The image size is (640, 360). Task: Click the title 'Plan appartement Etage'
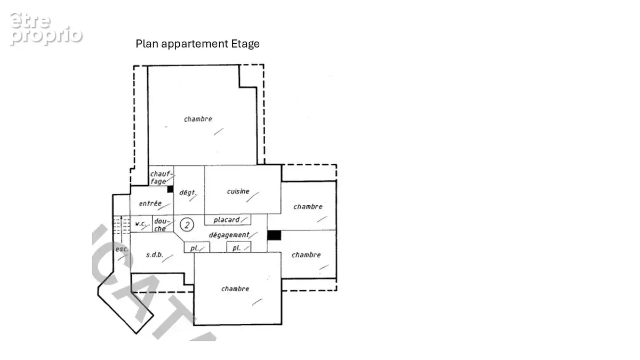coord(197,44)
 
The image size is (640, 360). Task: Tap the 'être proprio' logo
coord(46,29)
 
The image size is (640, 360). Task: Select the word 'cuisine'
coord(238,191)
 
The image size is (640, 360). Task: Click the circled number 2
coord(187,225)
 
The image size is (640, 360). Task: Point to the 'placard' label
coord(227,220)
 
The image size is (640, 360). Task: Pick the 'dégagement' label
coord(229,235)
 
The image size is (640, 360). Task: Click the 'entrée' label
coord(150,203)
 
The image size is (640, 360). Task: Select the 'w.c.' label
coord(140,223)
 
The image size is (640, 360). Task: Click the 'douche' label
coord(162,225)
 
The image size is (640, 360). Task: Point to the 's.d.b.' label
coord(155,254)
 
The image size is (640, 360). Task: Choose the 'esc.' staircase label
coord(121,249)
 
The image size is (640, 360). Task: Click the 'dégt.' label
coord(187,193)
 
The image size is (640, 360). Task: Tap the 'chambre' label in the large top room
coord(198,119)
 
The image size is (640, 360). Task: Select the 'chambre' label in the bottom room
coord(235,289)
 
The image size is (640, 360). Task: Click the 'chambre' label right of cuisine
coord(308,206)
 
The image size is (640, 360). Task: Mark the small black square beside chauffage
coord(170,189)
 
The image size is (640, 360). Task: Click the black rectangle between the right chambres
coord(274,235)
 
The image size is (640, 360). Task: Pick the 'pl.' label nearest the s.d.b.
coord(195,248)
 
